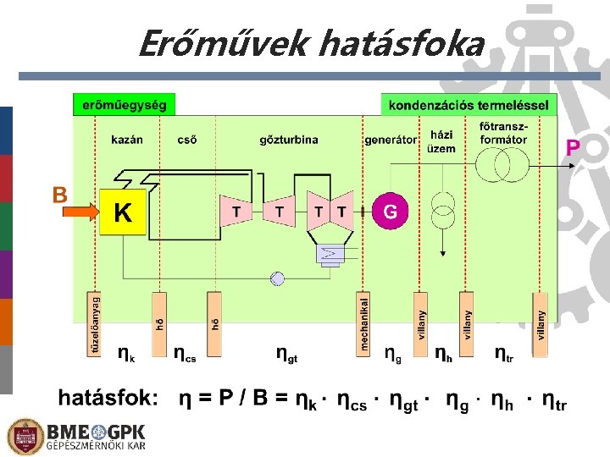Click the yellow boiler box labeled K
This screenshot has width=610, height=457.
point(123,212)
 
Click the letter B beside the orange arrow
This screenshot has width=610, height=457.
point(60,195)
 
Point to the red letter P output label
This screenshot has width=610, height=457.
point(573,148)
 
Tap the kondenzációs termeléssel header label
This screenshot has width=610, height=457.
point(469,106)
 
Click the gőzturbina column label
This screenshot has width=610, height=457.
point(289,140)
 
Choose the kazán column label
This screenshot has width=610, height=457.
point(127,140)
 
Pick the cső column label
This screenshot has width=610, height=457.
point(187,140)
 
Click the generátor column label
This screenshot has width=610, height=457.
point(391,140)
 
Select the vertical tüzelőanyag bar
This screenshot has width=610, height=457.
point(95,323)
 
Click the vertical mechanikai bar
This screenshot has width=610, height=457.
point(364,323)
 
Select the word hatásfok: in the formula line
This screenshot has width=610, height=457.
point(108,398)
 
